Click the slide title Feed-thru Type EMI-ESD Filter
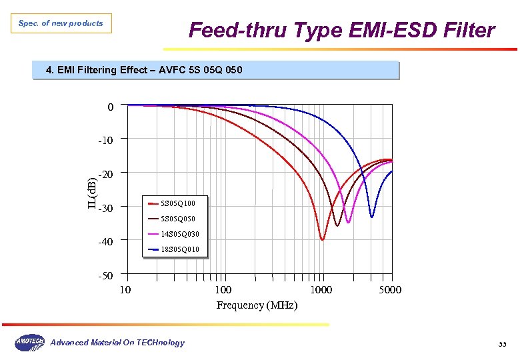click(x=341, y=31)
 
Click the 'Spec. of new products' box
click(x=61, y=23)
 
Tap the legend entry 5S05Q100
click(x=178, y=203)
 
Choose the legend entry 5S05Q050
click(x=178, y=218)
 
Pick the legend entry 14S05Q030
click(x=180, y=234)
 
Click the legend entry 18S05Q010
click(x=180, y=249)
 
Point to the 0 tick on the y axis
click(x=110, y=107)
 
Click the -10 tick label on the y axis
click(x=106, y=140)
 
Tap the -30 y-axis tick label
click(x=106, y=208)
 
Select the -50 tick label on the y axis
click(x=106, y=275)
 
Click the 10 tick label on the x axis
click(x=125, y=290)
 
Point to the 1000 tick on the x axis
click(x=321, y=290)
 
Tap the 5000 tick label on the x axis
click(x=390, y=290)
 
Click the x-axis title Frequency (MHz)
click(x=257, y=305)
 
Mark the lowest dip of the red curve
click(x=323, y=239)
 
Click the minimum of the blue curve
click(x=372, y=217)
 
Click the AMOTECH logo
click(x=29, y=343)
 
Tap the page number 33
click(x=502, y=344)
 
